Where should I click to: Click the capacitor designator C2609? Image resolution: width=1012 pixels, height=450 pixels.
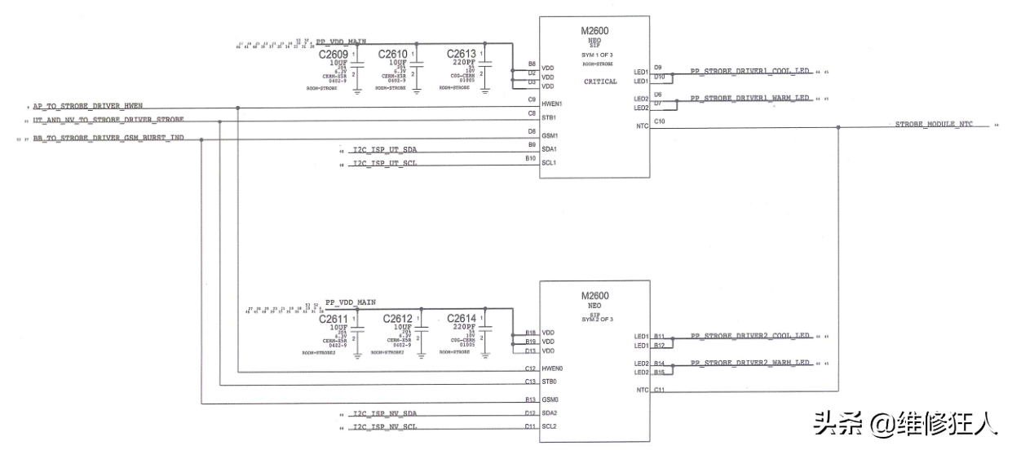pyautogui.click(x=333, y=54)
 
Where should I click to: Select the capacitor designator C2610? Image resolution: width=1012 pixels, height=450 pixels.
pyautogui.click(x=393, y=54)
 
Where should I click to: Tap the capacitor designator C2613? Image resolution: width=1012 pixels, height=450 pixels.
pyautogui.click(x=462, y=54)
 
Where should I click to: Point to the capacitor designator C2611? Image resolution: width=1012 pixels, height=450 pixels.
pyautogui.click(x=333, y=319)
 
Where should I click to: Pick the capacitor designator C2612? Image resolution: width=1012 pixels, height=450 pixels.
pyautogui.click(x=398, y=319)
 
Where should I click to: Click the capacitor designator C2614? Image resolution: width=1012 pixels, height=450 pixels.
pyautogui.click(x=462, y=319)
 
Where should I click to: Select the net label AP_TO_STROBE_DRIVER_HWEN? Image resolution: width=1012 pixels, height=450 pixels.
pyautogui.click(x=87, y=107)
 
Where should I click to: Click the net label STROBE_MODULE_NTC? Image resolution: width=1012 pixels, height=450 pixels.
pyautogui.click(x=934, y=125)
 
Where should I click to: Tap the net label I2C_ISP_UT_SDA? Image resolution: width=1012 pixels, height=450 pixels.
pyautogui.click(x=385, y=151)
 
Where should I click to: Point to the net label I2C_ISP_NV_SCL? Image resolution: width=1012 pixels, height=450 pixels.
pyautogui.click(x=385, y=426)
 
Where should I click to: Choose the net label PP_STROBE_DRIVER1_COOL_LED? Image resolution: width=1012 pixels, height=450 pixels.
pyautogui.click(x=750, y=71)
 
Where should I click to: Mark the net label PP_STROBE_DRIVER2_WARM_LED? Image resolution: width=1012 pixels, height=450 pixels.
pyautogui.click(x=750, y=362)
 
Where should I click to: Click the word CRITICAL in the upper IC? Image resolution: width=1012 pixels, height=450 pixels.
pyautogui.click(x=601, y=82)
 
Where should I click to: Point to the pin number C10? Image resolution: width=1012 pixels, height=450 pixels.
pyautogui.click(x=659, y=121)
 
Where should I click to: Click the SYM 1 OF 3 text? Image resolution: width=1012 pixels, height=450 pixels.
pyautogui.click(x=597, y=53)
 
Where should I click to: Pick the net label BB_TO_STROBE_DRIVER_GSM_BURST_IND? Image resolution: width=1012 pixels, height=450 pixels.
pyautogui.click(x=108, y=139)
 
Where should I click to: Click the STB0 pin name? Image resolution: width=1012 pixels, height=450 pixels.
pyautogui.click(x=550, y=381)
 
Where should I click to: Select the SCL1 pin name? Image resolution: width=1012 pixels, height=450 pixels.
pyautogui.click(x=550, y=162)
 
